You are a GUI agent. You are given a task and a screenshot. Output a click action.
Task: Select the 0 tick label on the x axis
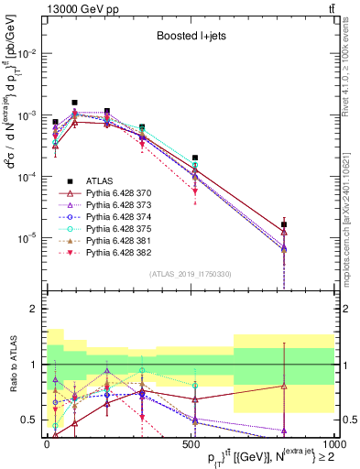tap(47, 444)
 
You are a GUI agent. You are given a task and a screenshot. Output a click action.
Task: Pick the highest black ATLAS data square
tap(74, 103)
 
